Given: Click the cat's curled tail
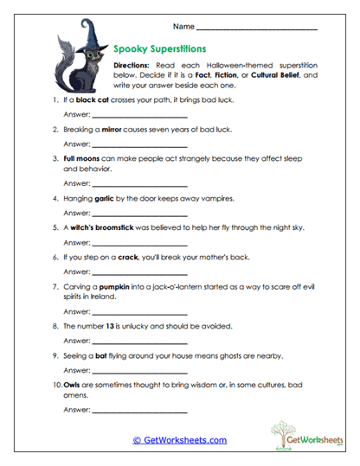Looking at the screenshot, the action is pyautogui.click(x=62, y=65).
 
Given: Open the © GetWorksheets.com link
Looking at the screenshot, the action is pyautogui.click(x=179, y=440).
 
